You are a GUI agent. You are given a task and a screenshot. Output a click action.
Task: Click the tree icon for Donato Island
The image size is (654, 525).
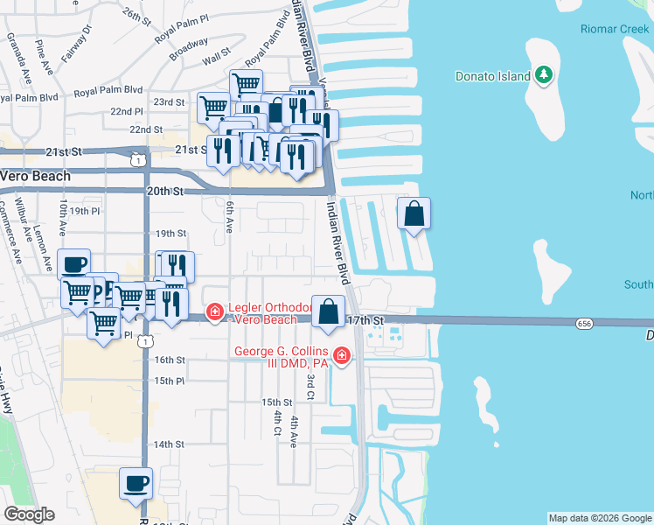click(x=544, y=75)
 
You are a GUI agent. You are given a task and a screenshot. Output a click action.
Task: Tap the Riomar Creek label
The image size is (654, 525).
click(x=615, y=29)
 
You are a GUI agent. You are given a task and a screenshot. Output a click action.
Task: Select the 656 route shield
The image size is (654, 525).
click(x=585, y=324)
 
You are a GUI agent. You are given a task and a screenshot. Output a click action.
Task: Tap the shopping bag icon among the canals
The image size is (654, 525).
click(x=414, y=213)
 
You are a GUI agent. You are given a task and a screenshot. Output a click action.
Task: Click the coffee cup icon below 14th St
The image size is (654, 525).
click(x=136, y=483)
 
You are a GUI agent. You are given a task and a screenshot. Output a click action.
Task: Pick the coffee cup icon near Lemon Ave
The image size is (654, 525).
click(x=73, y=263)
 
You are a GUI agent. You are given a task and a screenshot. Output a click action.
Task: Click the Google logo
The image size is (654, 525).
click(x=29, y=514)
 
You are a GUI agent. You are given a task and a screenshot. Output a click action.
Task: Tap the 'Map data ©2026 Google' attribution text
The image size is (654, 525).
click(x=600, y=518)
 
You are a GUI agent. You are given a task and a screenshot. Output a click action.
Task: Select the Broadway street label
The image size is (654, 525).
click(x=189, y=53)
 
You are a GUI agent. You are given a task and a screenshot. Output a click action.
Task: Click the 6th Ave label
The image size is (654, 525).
click(x=229, y=218)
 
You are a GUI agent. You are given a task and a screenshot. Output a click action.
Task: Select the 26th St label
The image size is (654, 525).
click(x=137, y=15)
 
